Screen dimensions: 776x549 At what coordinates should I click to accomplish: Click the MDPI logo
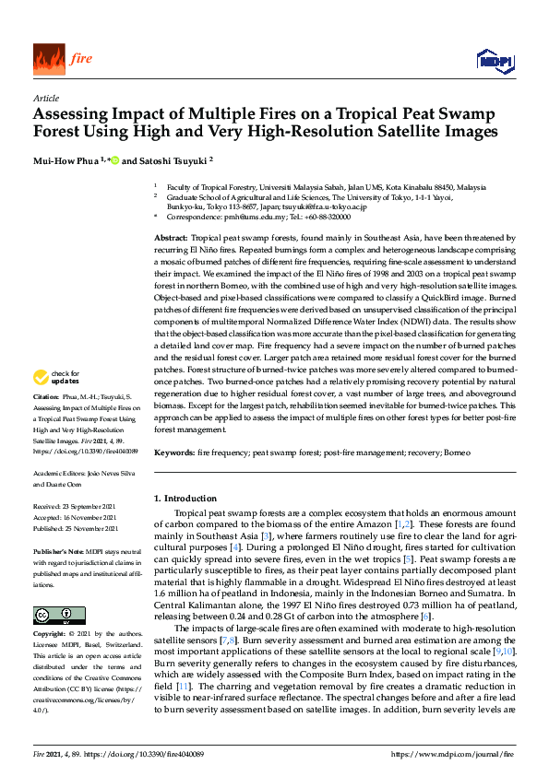click(494, 61)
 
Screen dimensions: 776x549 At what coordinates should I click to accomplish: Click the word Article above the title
click(46, 98)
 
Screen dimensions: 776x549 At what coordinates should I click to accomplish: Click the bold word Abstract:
click(171, 238)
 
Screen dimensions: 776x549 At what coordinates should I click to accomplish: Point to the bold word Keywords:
click(173, 453)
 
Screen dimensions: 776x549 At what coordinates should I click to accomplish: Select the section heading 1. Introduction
click(185, 499)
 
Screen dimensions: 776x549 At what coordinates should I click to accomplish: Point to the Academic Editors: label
click(59, 473)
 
